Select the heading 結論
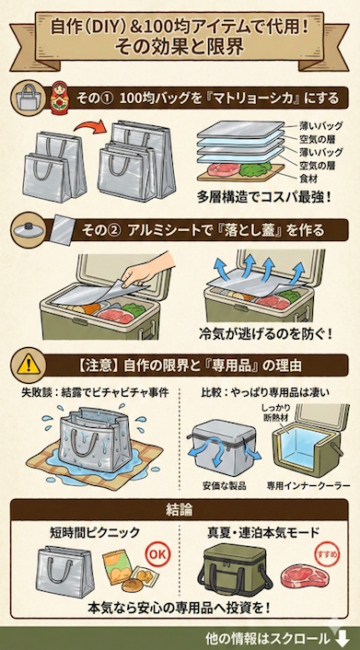point(180,510)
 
